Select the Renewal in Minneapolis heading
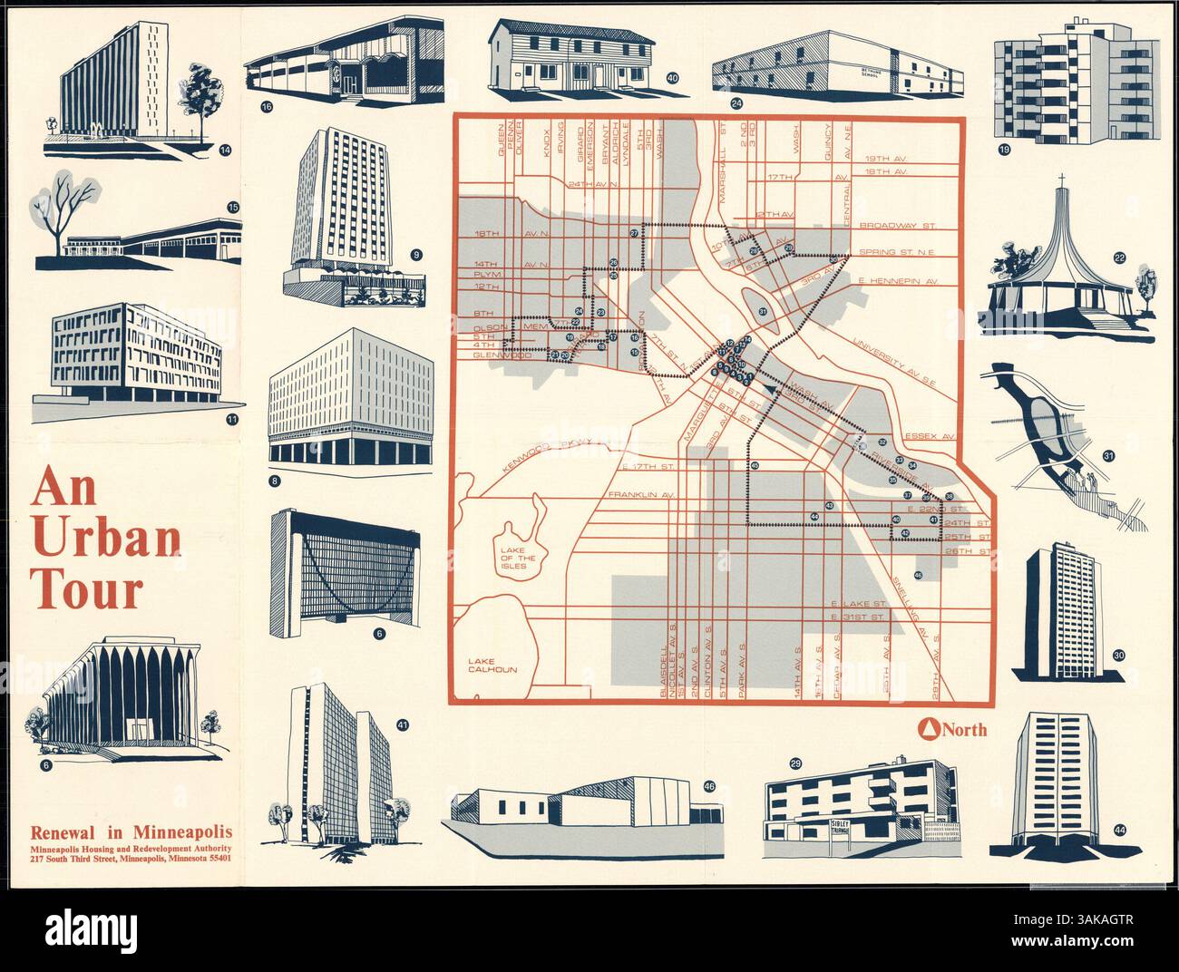131,831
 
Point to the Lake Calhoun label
492,666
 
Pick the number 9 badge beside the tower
416,255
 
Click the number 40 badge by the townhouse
672,79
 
